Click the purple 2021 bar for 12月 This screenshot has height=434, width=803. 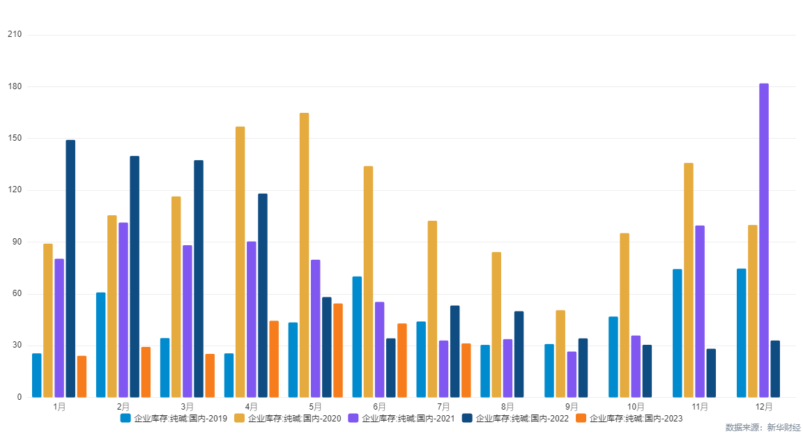point(764,240)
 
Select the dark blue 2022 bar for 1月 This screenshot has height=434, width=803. point(70,269)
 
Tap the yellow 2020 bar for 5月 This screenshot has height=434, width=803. point(304,255)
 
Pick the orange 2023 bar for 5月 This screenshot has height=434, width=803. point(338,350)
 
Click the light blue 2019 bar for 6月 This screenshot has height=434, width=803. point(357,337)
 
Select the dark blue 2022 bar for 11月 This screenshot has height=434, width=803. point(711,373)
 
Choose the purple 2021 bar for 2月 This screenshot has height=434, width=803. point(123,310)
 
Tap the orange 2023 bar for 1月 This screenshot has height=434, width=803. point(82,377)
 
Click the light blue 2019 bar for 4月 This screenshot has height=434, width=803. point(229,375)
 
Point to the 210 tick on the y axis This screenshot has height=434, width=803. point(14,34)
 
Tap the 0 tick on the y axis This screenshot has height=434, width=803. point(19,398)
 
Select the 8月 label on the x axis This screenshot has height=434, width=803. point(507,407)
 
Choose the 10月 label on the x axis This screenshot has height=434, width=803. point(636,407)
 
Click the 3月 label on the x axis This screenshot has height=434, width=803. point(187,407)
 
